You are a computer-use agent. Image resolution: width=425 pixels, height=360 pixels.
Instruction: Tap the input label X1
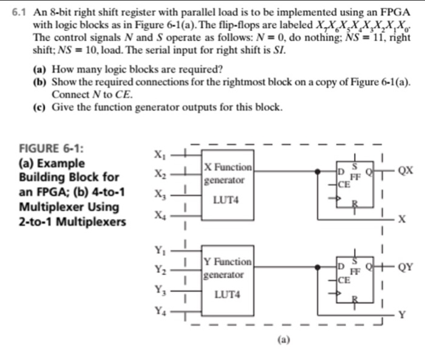coord(159,153)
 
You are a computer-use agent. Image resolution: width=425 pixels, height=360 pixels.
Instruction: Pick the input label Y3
coord(159,290)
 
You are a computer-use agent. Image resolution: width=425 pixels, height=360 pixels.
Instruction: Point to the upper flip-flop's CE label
coord(344,184)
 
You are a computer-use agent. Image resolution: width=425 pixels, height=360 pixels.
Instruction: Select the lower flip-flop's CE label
coord(344,280)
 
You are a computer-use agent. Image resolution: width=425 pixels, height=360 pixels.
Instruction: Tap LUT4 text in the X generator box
coord(227,200)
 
